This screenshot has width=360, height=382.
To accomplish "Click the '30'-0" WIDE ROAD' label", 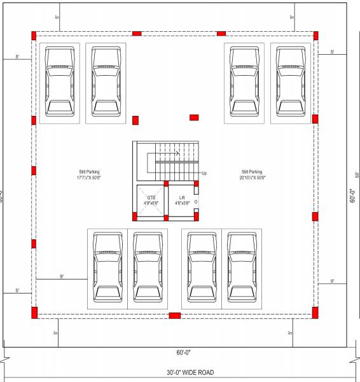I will coord(181,372).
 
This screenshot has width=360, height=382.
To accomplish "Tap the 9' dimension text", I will coord(62,276).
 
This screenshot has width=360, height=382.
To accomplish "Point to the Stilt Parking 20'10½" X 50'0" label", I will coord(252,175).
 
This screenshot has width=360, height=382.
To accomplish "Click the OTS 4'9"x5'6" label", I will coord(151,201).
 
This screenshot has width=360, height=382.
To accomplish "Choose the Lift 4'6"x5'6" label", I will coord(182,201).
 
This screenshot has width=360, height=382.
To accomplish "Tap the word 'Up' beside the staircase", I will coord(204,173).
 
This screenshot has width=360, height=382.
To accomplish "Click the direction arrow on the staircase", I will coord(176,153).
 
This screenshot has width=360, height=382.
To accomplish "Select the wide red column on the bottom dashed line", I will coord(174,315).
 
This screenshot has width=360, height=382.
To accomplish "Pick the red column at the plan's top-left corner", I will coord(34,34).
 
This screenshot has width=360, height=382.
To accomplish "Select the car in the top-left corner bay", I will coord(59,83).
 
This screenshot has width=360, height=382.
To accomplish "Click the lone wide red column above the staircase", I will coord(194,117).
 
